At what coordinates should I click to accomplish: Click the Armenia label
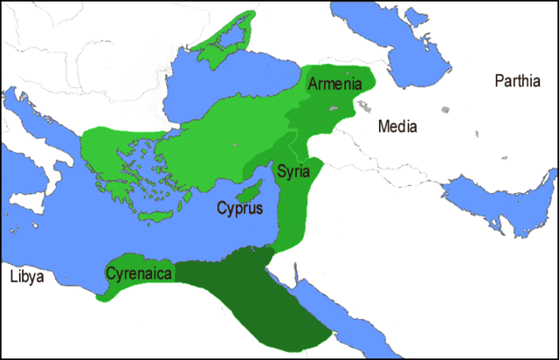[330, 84]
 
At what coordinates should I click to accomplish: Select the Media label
[397, 127]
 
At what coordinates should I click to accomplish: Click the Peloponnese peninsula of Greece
[114, 183]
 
